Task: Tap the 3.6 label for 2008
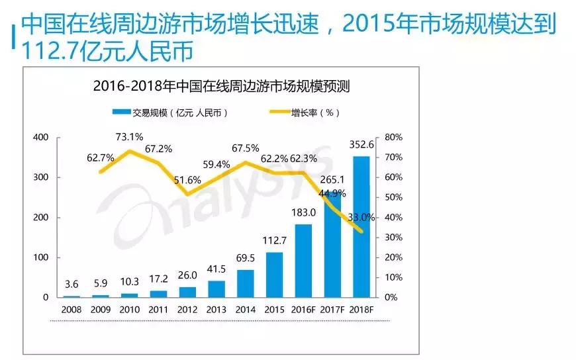coord(72,285)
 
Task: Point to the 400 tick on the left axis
coord(41,138)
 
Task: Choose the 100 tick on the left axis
coord(41,257)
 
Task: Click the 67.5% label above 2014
coord(245,148)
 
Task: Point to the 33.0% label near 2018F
coord(361,217)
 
